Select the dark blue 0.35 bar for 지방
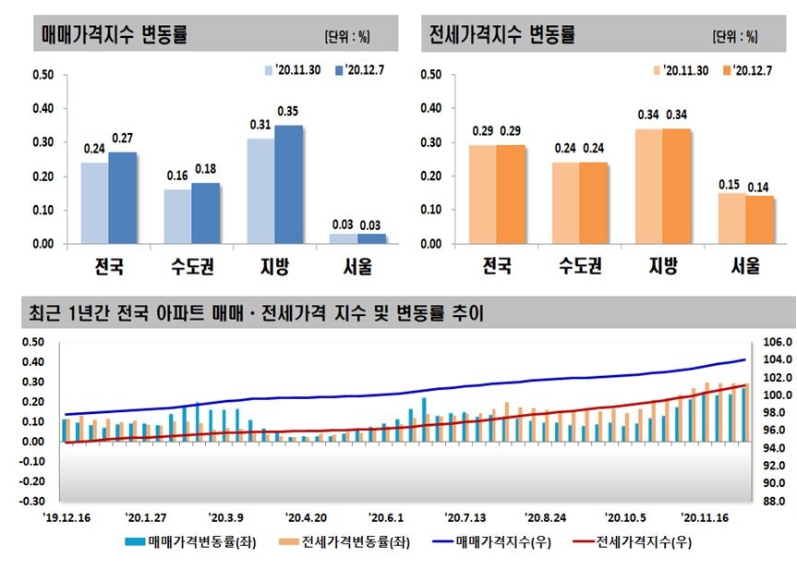[x=287, y=185]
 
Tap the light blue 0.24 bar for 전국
[x=95, y=203]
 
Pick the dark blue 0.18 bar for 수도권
[x=205, y=213]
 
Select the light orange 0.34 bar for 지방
[x=647, y=187]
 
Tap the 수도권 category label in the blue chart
[x=192, y=268]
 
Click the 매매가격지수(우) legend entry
[x=503, y=543]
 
